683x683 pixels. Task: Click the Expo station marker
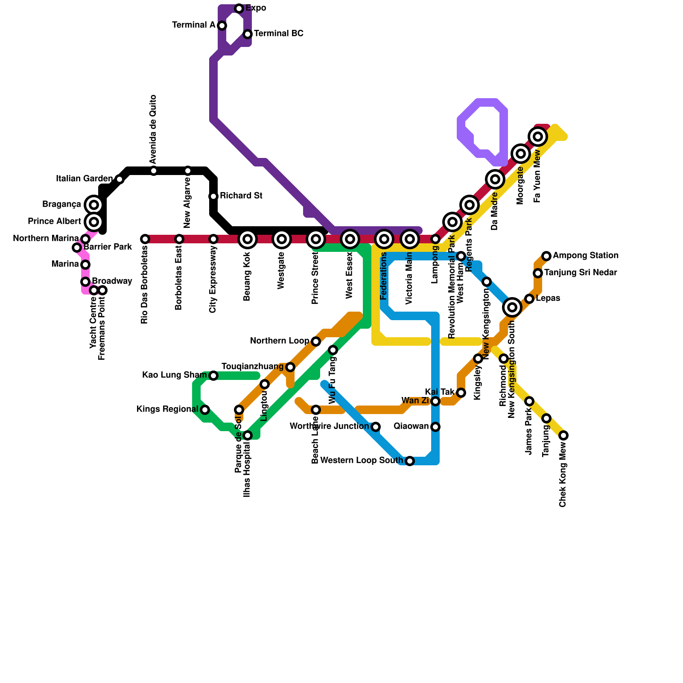pyautogui.click(x=239, y=9)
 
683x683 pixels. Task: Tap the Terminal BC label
pyautogui.click(x=278, y=34)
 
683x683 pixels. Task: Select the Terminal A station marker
pyautogui.click(x=222, y=26)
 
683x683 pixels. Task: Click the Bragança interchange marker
pyautogui.click(x=94, y=205)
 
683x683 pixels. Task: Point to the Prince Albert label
pyautogui.click(x=54, y=222)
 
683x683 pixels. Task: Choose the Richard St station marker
pyautogui.click(x=213, y=196)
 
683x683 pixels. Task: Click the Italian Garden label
pyautogui.click(x=84, y=179)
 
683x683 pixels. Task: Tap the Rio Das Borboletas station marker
pyautogui.click(x=145, y=239)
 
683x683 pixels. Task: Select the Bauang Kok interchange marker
pyautogui.click(x=248, y=239)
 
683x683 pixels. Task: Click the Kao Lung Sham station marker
pyautogui.click(x=213, y=376)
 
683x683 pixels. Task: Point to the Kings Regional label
pyautogui.click(x=167, y=409)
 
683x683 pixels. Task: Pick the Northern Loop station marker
pyautogui.click(x=316, y=341)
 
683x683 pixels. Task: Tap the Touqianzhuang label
pyautogui.click(x=252, y=367)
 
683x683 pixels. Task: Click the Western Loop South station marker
pyautogui.click(x=410, y=461)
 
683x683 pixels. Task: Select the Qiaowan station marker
pyautogui.click(x=435, y=427)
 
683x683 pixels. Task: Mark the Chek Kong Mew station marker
pyautogui.click(x=563, y=435)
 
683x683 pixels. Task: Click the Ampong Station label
pyautogui.click(x=585, y=256)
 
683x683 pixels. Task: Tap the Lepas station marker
pyautogui.click(x=529, y=299)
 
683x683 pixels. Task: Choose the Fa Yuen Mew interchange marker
pyautogui.click(x=538, y=137)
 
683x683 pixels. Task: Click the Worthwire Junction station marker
pyautogui.click(x=376, y=427)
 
